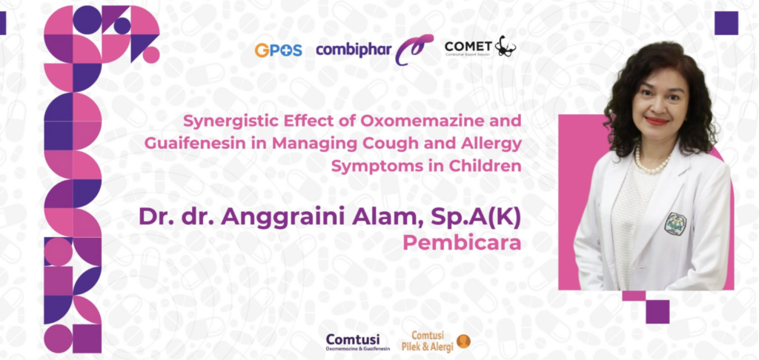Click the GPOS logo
click(278, 50)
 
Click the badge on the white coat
click(676, 223)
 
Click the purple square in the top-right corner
click(726, 23)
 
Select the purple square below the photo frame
click(657, 311)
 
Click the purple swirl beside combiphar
click(414, 50)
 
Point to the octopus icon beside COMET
click(506, 46)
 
